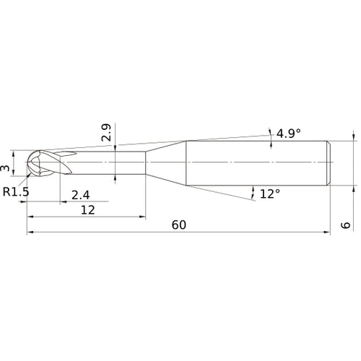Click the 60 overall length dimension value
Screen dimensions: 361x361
coord(179,225)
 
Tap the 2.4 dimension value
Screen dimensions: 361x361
coord(81,193)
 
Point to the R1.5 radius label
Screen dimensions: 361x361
coord(15,192)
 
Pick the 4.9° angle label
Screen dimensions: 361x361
coord(289,133)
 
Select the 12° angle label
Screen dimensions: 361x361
coord(269,193)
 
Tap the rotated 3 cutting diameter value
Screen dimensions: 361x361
coord(6,168)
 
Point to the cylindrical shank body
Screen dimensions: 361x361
coord(256,162)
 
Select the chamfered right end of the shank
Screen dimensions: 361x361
coord(329,162)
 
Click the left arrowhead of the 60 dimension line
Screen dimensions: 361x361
coord(30,232)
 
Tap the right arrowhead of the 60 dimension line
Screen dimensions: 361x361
coord(328,232)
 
